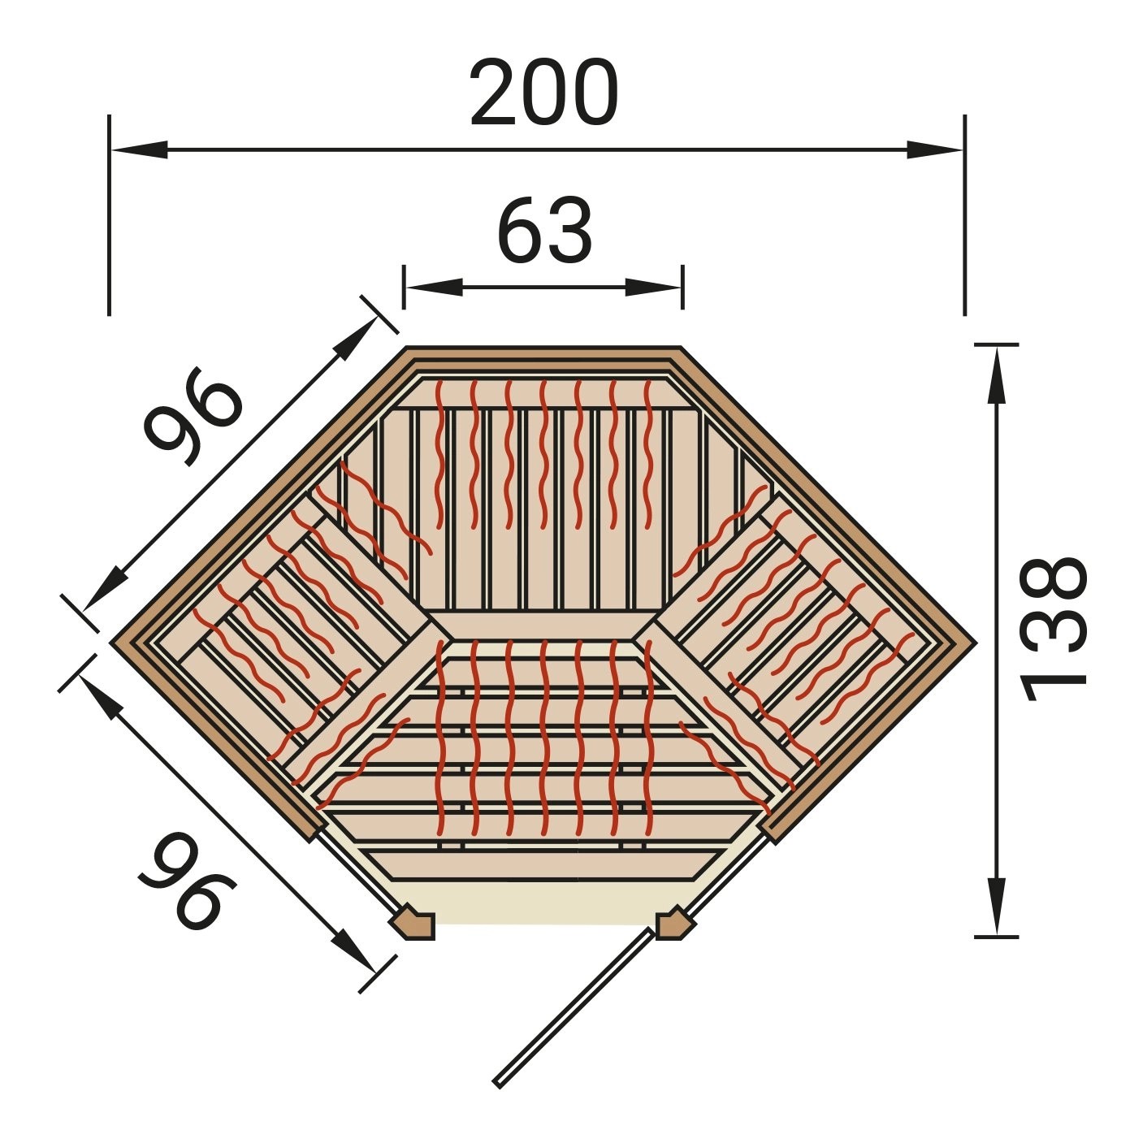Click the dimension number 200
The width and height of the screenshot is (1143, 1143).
(544, 93)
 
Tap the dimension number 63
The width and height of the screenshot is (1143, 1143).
(544, 230)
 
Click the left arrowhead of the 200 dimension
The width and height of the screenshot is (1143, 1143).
(140, 150)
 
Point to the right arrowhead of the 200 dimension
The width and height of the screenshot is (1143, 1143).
(934, 150)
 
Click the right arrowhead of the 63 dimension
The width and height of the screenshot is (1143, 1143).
(653, 287)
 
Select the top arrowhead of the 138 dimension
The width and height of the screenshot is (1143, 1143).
(997, 375)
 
